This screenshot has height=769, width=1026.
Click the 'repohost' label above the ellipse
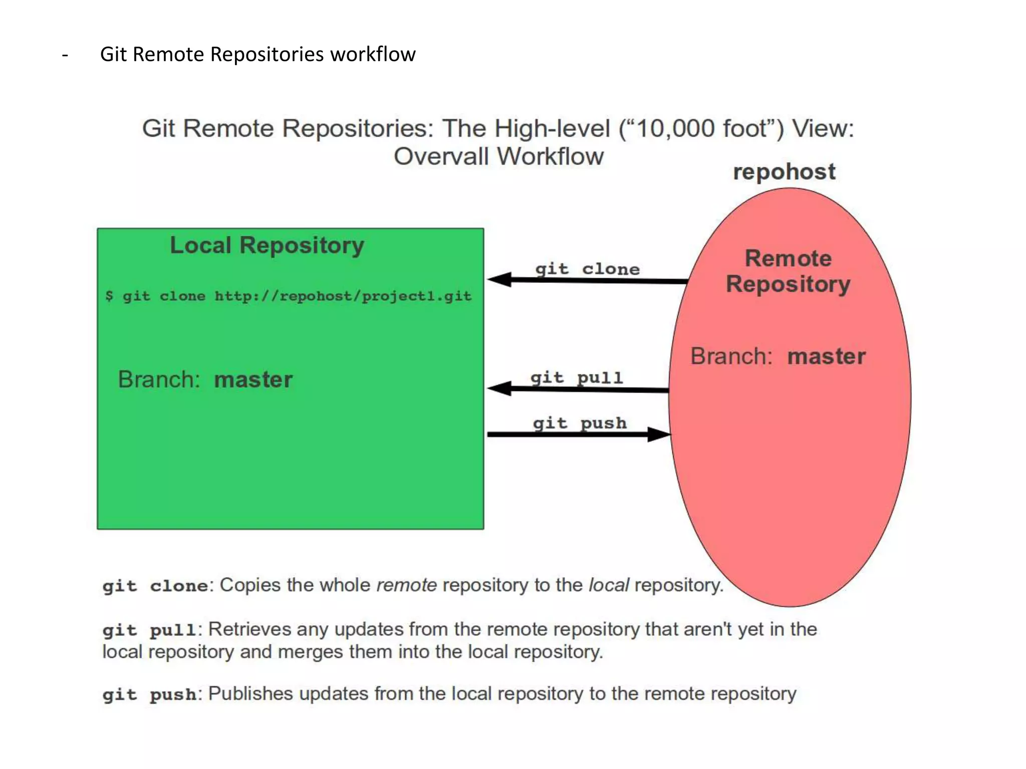click(x=784, y=172)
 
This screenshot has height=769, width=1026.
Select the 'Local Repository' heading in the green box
click(x=267, y=246)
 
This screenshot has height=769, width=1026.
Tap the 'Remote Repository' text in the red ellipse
click(x=788, y=271)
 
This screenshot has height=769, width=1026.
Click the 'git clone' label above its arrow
click(x=587, y=269)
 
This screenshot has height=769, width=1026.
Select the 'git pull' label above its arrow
click(x=577, y=377)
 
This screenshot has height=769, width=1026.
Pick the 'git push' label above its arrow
click(x=580, y=424)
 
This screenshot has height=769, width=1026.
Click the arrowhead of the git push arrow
click(x=658, y=434)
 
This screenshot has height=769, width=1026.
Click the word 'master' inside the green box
click(x=253, y=379)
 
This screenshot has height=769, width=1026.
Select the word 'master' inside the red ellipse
click(x=826, y=356)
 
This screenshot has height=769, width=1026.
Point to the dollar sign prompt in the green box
click(x=109, y=296)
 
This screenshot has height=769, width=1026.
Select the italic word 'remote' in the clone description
click(x=406, y=585)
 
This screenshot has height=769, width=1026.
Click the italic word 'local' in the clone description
click(x=608, y=585)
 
